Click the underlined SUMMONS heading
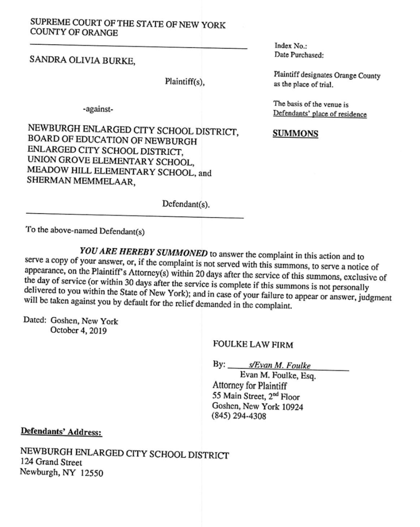pos(295,134)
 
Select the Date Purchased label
pos(299,55)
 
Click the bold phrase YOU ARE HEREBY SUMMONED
pos(144,253)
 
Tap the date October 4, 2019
pos(78,331)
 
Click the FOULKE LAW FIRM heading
pos(253,345)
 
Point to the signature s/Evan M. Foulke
pos(279,365)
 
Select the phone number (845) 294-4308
pos(239,416)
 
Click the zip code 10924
pos(291,407)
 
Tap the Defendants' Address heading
pos(61,432)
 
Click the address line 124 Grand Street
pos(51,462)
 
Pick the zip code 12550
pos(92,473)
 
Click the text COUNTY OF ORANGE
pos(74,33)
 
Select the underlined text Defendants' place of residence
pos(320,114)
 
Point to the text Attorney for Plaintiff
pos(249,386)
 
